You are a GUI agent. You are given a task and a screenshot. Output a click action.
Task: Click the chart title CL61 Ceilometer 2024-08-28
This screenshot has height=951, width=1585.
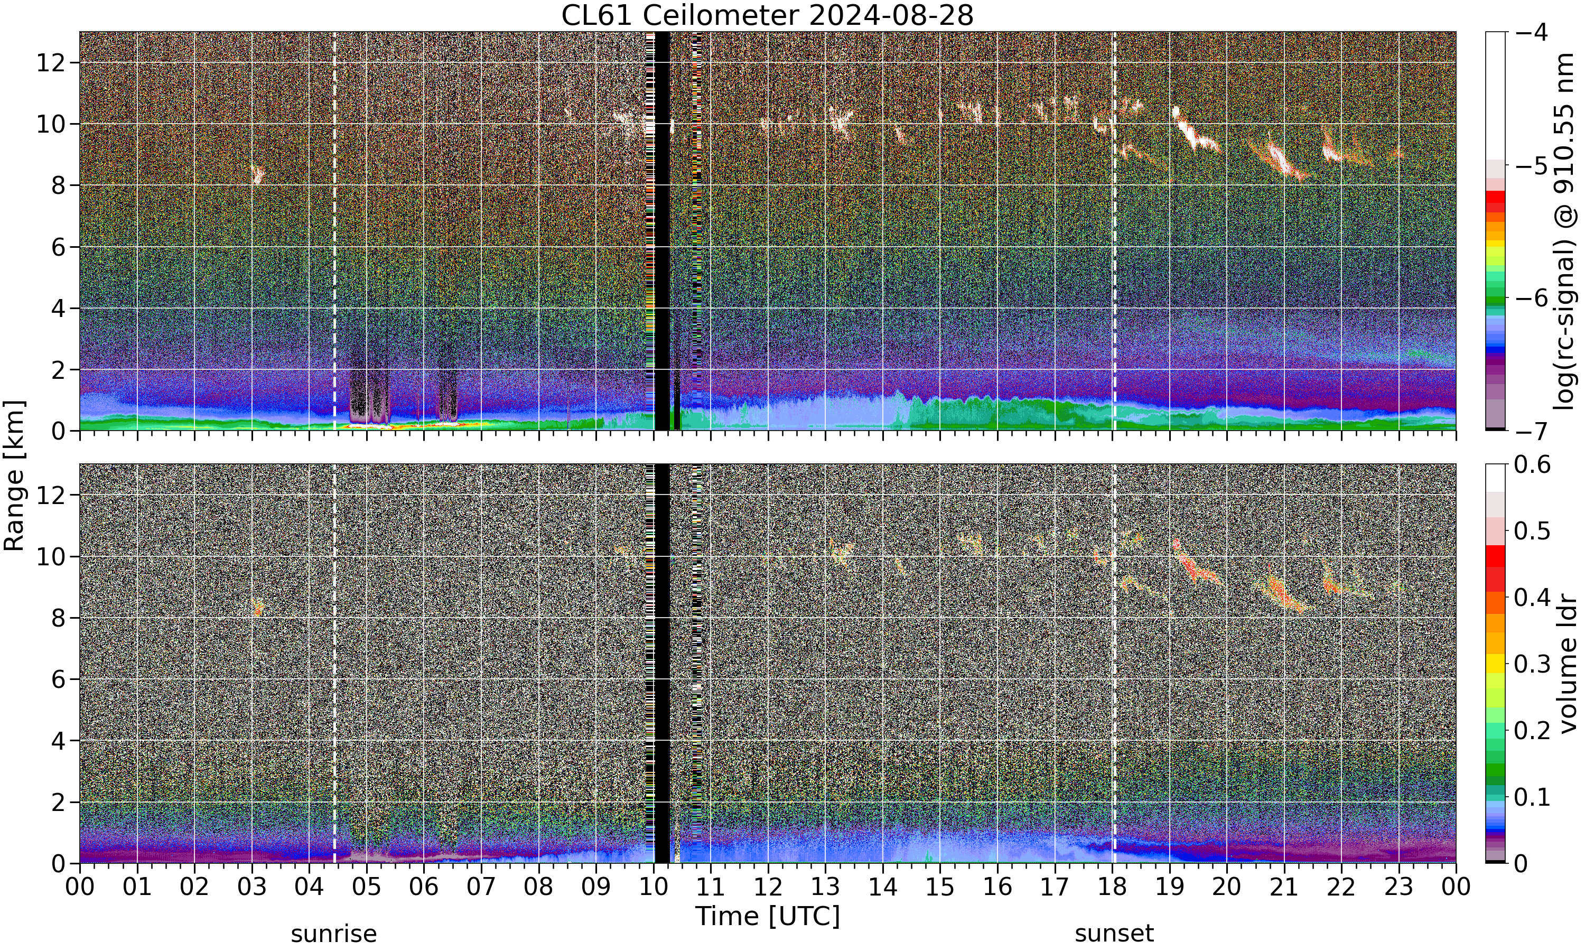(767, 15)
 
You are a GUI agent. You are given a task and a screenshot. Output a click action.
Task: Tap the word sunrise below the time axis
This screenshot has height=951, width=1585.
(334, 933)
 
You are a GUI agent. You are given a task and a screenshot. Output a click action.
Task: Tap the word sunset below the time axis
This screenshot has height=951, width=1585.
(1114, 933)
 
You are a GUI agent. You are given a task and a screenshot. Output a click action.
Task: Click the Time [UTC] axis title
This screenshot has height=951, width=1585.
(767, 917)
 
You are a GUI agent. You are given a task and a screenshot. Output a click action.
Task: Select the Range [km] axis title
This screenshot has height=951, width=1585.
(14, 475)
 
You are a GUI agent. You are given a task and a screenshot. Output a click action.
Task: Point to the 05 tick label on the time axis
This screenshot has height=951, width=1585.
(367, 888)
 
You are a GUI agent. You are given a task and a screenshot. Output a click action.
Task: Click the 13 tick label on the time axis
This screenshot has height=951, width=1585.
(825, 888)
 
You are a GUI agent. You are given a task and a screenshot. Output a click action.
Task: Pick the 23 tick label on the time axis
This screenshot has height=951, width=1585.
(1398, 888)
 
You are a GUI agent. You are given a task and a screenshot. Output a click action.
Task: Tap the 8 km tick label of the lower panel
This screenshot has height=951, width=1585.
(58, 618)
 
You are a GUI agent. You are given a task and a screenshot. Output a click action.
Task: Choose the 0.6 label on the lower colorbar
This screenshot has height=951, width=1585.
(1533, 464)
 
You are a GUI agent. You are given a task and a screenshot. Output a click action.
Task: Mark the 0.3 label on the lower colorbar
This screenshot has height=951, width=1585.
(1533, 664)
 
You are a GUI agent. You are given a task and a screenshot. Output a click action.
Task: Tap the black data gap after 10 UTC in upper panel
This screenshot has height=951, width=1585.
(662, 231)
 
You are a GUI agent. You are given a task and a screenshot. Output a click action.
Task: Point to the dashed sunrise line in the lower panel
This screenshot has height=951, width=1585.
(334, 663)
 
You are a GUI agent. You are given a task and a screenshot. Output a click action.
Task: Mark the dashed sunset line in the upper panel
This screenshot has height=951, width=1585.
(1114, 231)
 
